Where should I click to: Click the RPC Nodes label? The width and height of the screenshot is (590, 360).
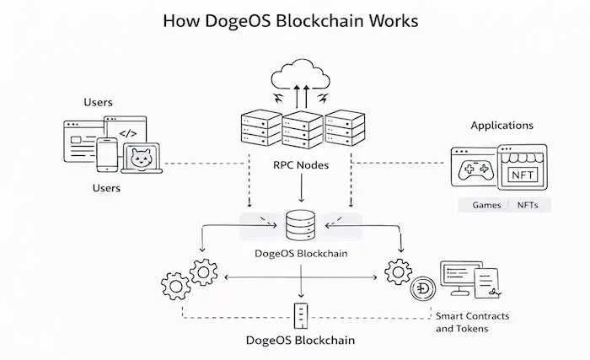tap(301, 165)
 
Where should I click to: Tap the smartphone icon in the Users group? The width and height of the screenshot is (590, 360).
tap(106, 154)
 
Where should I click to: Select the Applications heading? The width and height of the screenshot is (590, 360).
tap(501, 125)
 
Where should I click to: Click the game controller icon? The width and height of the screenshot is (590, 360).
tap(475, 172)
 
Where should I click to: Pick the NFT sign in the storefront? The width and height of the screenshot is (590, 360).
tap(522, 175)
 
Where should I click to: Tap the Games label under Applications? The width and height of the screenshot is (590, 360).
tap(485, 205)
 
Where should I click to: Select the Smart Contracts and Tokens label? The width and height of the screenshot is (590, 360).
tap(471, 322)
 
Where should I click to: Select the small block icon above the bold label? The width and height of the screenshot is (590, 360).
tap(301, 315)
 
